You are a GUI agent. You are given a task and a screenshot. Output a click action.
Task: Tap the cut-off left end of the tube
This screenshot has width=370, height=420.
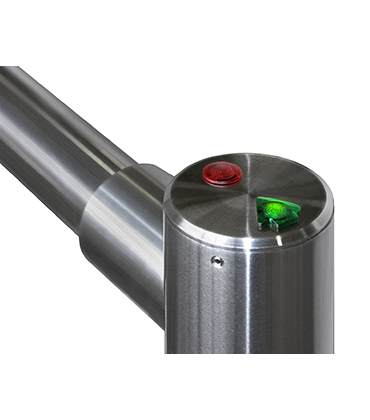pos(4,110)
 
